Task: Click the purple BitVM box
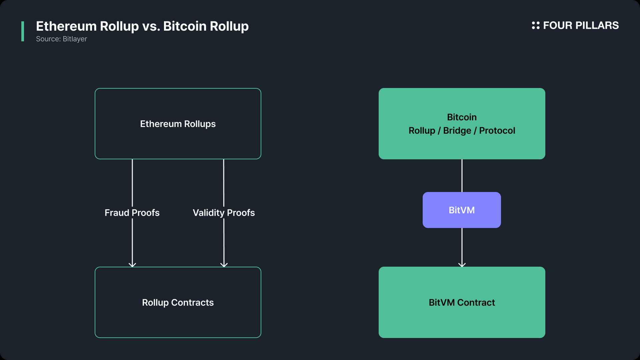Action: (x=462, y=210)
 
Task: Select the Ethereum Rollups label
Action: (x=178, y=124)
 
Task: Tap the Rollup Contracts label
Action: (x=178, y=303)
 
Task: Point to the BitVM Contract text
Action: (x=462, y=303)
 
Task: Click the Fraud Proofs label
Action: (x=132, y=213)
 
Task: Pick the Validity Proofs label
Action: (x=224, y=213)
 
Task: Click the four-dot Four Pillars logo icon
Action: (x=536, y=25)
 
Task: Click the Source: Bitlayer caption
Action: (x=61, y=39)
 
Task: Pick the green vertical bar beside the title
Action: (x=23, y=31)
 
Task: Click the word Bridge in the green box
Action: (x=457, y=131)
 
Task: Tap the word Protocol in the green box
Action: (x=497, y=131)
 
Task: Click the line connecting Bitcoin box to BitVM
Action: (x=462, y=176)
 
